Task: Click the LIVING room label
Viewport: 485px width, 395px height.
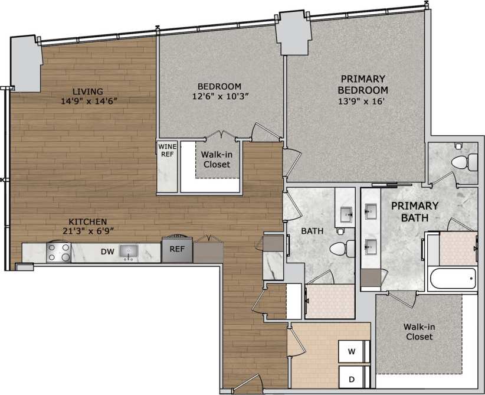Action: tap(87, 92)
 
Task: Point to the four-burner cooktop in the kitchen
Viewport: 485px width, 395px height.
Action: tap(59, 252)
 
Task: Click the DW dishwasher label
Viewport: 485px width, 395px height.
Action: tap(107, 252)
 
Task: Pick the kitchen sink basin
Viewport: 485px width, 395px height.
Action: tap(127, 252)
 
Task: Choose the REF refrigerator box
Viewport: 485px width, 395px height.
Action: tap(178, 249)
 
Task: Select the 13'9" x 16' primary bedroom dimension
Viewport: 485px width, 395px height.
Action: tap(362, 101)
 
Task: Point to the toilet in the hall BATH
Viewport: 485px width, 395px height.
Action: tap(339, 249)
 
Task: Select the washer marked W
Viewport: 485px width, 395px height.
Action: tap(352, 352)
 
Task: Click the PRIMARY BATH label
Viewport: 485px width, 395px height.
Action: tap(415, 211)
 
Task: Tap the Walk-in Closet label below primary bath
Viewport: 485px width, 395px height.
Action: tap(418, 331)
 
